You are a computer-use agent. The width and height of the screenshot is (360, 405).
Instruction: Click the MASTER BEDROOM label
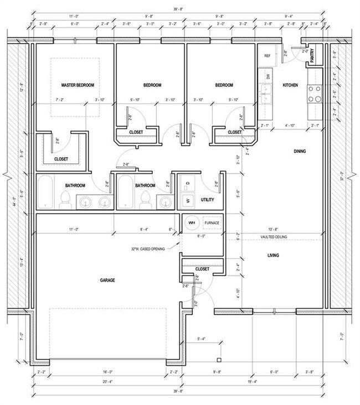(x=78, y=85)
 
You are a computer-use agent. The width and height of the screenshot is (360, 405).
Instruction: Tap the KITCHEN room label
(x=291, y=85)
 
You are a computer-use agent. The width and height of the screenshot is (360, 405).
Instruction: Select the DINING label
(x=300, y=151)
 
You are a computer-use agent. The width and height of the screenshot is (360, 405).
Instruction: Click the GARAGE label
(x=107, y=281)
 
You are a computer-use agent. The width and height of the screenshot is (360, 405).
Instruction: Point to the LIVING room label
(x=273, y=256)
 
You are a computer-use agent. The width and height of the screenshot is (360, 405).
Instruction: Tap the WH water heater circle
(x=192, y=222)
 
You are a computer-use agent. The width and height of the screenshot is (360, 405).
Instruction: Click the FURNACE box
(x=212, y=222)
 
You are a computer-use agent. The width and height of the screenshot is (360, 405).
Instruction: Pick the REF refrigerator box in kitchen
(x=267, y=56)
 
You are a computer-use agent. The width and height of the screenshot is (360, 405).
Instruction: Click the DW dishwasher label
(x=268, y=76)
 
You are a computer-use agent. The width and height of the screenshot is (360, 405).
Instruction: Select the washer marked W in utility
(x=187, y=200)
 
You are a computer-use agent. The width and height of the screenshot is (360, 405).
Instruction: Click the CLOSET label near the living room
(x=202, y=269)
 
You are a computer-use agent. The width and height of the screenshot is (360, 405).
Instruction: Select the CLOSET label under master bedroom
(x=61, y=159)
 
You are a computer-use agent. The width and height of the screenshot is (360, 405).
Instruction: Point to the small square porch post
(x=219, y=360)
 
